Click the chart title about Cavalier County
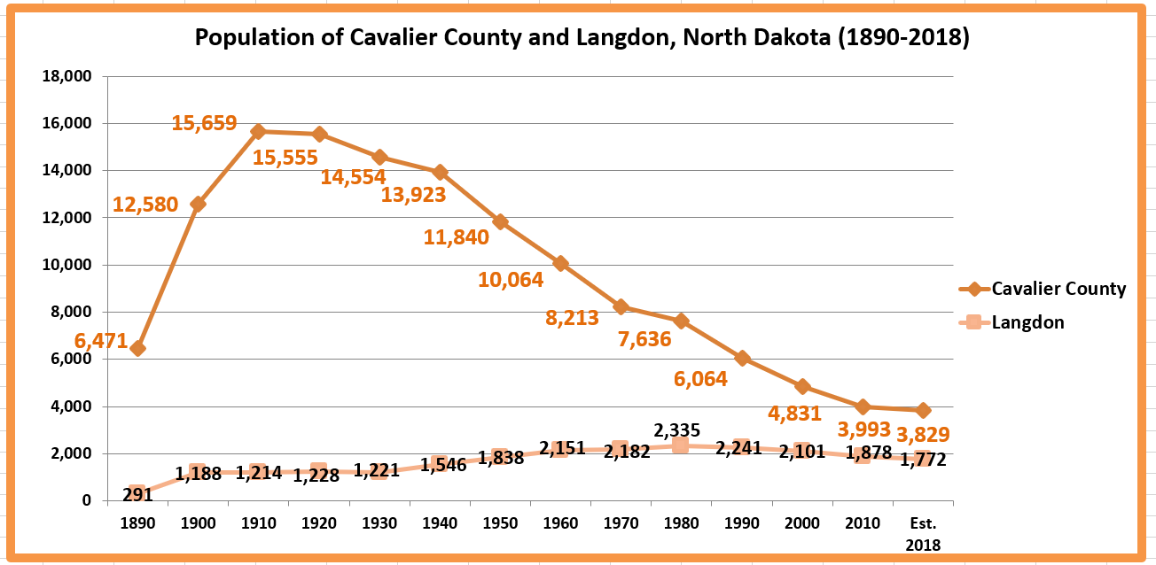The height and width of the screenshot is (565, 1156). point(582,38)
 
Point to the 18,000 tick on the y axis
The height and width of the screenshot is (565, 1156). point(67,76)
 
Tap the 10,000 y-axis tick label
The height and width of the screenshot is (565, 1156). point(67,265)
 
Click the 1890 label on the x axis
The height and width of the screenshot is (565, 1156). point(137,522)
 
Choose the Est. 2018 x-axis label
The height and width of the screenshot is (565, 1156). point(923,533)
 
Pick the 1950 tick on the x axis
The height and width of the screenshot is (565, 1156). point(500,522)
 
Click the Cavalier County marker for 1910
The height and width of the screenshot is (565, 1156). point(258,131)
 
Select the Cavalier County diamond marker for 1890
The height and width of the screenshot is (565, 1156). point(137,348)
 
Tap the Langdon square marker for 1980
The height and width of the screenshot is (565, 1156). point(681,445)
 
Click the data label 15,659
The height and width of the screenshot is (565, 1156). point(204,122)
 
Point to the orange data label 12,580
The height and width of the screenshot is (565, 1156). point(145,205)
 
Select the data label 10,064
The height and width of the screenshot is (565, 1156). point(511,280)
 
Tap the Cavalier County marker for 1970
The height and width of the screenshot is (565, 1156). point(621,306)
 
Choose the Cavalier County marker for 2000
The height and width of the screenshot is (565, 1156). point(802,386)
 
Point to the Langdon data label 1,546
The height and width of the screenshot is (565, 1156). point(438,465)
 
